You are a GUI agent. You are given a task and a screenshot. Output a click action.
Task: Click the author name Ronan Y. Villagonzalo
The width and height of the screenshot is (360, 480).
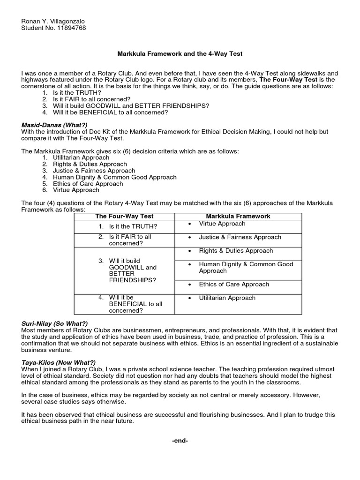click(53, 22)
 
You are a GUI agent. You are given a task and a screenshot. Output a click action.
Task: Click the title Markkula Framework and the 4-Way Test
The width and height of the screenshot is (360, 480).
click(180, 54)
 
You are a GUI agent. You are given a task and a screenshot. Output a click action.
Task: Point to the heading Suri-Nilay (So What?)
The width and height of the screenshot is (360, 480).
click(54, 324)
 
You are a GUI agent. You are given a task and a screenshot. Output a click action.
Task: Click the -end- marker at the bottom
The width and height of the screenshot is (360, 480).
click(180, 441)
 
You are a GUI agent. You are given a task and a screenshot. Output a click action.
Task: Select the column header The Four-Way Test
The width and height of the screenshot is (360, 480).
click(124, 216)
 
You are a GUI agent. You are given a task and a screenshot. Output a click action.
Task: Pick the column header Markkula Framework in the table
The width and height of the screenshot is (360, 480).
click(238, 216)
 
